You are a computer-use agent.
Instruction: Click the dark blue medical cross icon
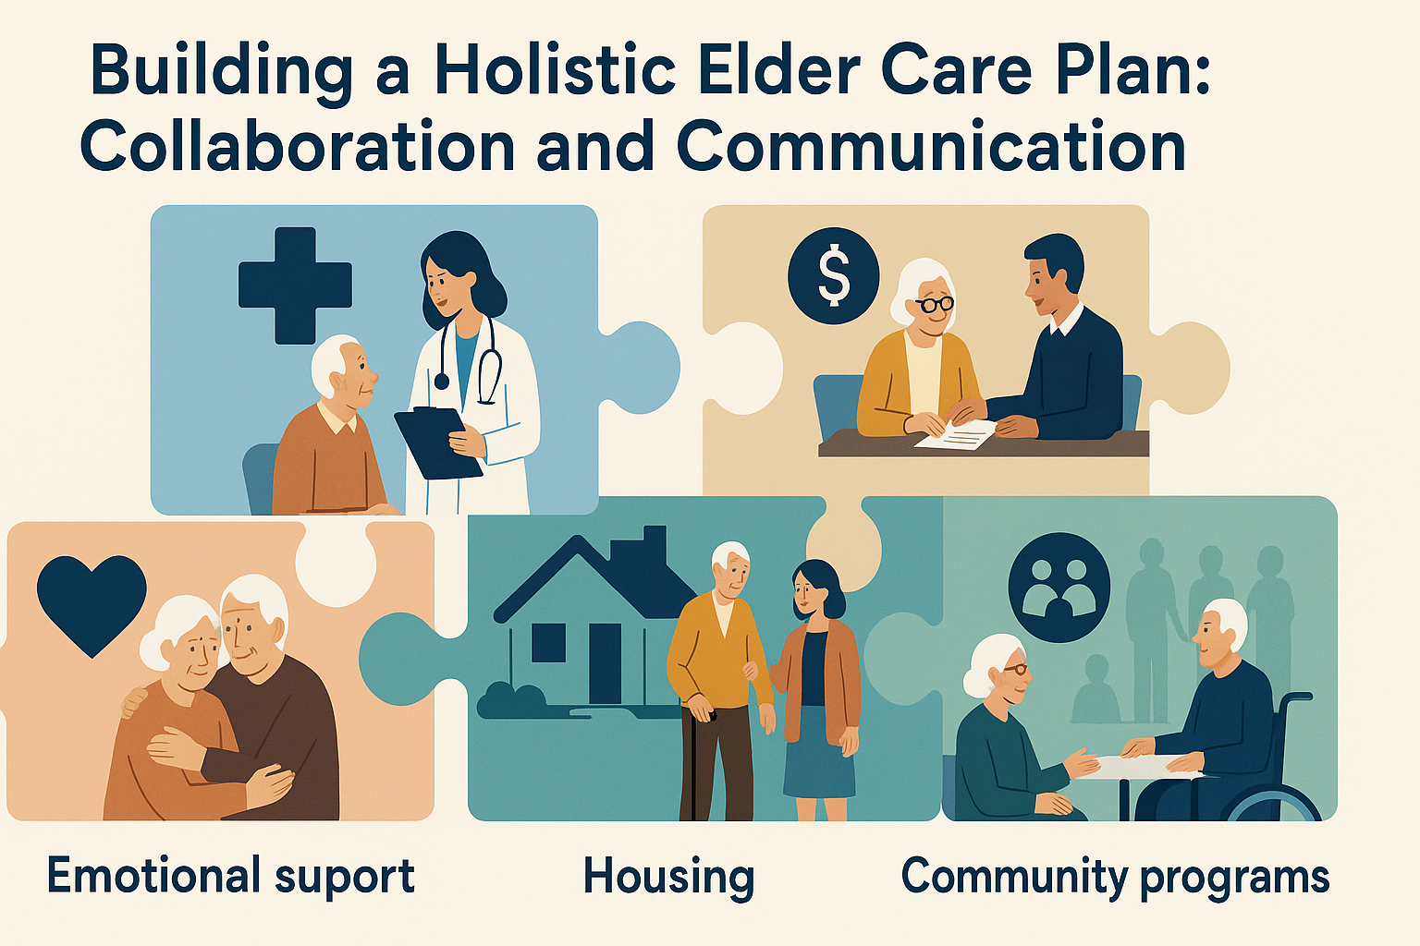[x=295, y=285]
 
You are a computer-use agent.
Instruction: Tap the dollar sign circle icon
[x=833, y=276]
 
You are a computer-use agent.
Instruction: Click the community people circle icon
[x=1059, y=588]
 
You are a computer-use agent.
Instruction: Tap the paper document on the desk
[x=955, y=433]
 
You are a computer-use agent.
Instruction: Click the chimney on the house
[x=655, y=549]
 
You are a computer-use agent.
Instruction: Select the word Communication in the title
[x=931, y=148]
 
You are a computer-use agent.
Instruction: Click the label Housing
[x=668, y=878]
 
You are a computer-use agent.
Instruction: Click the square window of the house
[x=548, y=642]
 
